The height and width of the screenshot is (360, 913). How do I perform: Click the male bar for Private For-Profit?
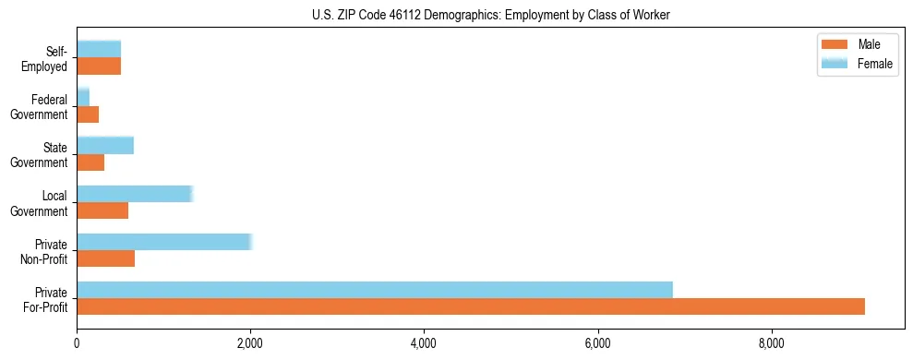471,306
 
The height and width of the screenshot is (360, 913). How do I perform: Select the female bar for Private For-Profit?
375,290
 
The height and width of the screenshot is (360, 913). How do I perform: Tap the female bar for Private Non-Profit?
164,242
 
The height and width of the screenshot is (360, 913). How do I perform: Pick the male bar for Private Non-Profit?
106,258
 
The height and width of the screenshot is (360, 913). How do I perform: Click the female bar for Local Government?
135,194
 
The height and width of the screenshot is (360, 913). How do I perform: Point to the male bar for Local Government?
102,210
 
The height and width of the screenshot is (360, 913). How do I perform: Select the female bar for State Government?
105,146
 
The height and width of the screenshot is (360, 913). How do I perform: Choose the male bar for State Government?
90,162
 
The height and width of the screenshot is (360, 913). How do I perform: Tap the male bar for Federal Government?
88,114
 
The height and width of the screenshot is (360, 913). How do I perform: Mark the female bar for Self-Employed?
99,49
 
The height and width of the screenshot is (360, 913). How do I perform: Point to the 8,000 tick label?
771,344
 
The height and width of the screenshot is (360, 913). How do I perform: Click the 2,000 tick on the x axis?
250,344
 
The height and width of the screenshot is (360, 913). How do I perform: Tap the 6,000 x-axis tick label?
597,344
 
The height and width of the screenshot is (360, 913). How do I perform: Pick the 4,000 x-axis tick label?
424,344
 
